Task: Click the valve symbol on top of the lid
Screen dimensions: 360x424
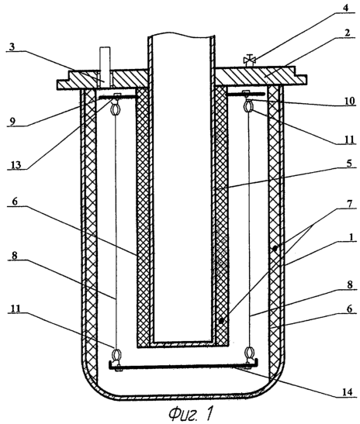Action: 248,60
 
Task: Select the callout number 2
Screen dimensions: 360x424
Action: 348,33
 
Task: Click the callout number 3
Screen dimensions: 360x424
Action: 12,47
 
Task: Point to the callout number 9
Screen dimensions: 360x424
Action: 12,121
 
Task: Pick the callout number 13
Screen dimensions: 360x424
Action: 16,164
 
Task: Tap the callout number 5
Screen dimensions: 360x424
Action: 348,163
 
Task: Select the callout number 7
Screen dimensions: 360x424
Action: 349,203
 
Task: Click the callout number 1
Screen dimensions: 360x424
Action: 351,237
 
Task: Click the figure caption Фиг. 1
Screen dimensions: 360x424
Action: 191,413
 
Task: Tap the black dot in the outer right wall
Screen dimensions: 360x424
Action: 275,248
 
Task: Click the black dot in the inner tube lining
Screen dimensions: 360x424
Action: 221,321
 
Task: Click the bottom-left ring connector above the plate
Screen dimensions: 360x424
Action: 116,354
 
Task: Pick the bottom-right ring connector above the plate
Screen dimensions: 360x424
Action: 249,354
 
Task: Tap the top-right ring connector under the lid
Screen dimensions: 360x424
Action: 248,105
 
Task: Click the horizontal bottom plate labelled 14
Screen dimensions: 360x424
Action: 183,365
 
